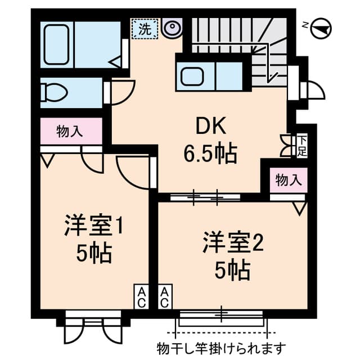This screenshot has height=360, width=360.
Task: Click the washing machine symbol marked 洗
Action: coord(145,29)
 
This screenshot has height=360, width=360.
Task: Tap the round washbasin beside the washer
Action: coord(172,27)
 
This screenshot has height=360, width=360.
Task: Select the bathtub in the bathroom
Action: coord(56,45)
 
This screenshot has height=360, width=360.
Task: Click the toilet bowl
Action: coord(54,92)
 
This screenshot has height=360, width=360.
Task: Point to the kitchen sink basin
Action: coord(192,76)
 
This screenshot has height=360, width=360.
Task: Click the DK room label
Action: coord(211,125)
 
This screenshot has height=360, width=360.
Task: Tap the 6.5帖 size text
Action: coord(210,152)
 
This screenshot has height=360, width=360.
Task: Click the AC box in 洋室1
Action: coord(141,297)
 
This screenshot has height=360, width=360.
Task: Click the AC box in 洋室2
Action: coord(165,297)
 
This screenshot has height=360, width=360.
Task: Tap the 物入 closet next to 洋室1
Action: coord(71,131)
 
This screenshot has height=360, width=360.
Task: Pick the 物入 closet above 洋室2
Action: coord(289,180)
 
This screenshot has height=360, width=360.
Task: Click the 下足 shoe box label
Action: coord(301,146)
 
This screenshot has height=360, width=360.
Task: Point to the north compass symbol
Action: coord(321,28)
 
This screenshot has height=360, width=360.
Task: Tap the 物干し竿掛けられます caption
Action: coord(221,348)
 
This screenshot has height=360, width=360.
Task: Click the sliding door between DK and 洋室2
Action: coord(205,197)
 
